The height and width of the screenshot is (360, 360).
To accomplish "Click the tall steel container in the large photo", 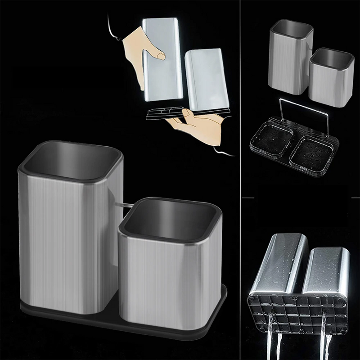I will coord(67,243).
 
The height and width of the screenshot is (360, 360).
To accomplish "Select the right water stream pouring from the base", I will coord(325,337).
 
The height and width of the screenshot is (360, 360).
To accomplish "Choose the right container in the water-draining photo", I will coord(326,270).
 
